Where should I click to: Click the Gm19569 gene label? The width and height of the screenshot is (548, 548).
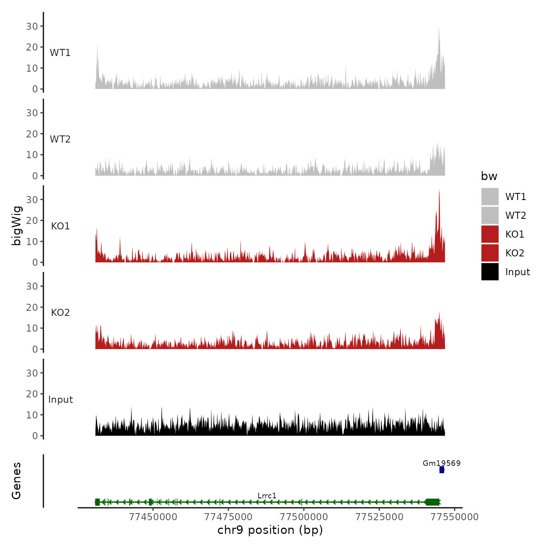tap(442, 463)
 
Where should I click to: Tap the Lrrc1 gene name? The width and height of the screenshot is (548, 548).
tap(267, 496)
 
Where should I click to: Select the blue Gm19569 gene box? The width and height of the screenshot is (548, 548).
tap(442, 470)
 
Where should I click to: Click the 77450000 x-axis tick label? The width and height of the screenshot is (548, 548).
tap(153, 517)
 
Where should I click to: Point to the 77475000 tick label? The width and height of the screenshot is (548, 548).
tap(229, 517)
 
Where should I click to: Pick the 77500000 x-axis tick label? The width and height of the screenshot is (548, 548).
tap(304, 517)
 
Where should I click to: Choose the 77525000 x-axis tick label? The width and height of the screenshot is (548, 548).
tap(379, 517)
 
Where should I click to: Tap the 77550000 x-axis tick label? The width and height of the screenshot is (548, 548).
tap(454, 517)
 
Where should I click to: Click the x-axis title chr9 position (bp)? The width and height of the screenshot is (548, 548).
tap(270, 530)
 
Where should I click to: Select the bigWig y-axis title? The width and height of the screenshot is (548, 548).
tap(16, 225)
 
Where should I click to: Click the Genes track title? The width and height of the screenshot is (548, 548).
tap(16, 481)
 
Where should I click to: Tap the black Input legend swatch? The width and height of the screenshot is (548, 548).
tap(490, 272)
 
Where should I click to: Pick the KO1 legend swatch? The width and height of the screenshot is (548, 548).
tap(490, 234)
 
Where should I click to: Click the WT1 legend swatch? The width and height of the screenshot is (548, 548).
tap(490, 196)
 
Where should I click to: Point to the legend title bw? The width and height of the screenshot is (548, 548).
tap(489, 176)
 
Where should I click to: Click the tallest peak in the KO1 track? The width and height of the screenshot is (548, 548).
tap(439, 191)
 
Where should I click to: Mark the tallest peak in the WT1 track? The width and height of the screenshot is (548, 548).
tap(439, 27)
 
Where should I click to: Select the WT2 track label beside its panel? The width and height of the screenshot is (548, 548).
tap(60, 139)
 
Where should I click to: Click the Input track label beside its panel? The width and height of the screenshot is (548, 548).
tap(61, 399)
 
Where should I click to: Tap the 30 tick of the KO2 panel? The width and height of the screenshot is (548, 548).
tap(32, 286)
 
